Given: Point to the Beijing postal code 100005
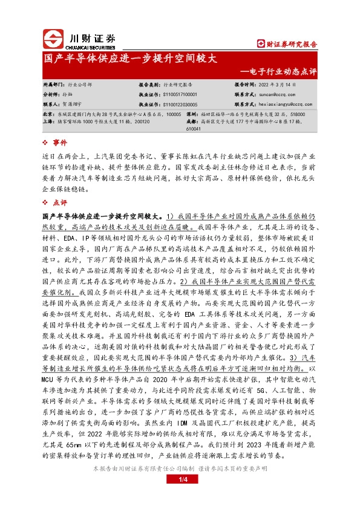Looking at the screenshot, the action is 172,114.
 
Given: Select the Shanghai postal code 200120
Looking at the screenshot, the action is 154,121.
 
